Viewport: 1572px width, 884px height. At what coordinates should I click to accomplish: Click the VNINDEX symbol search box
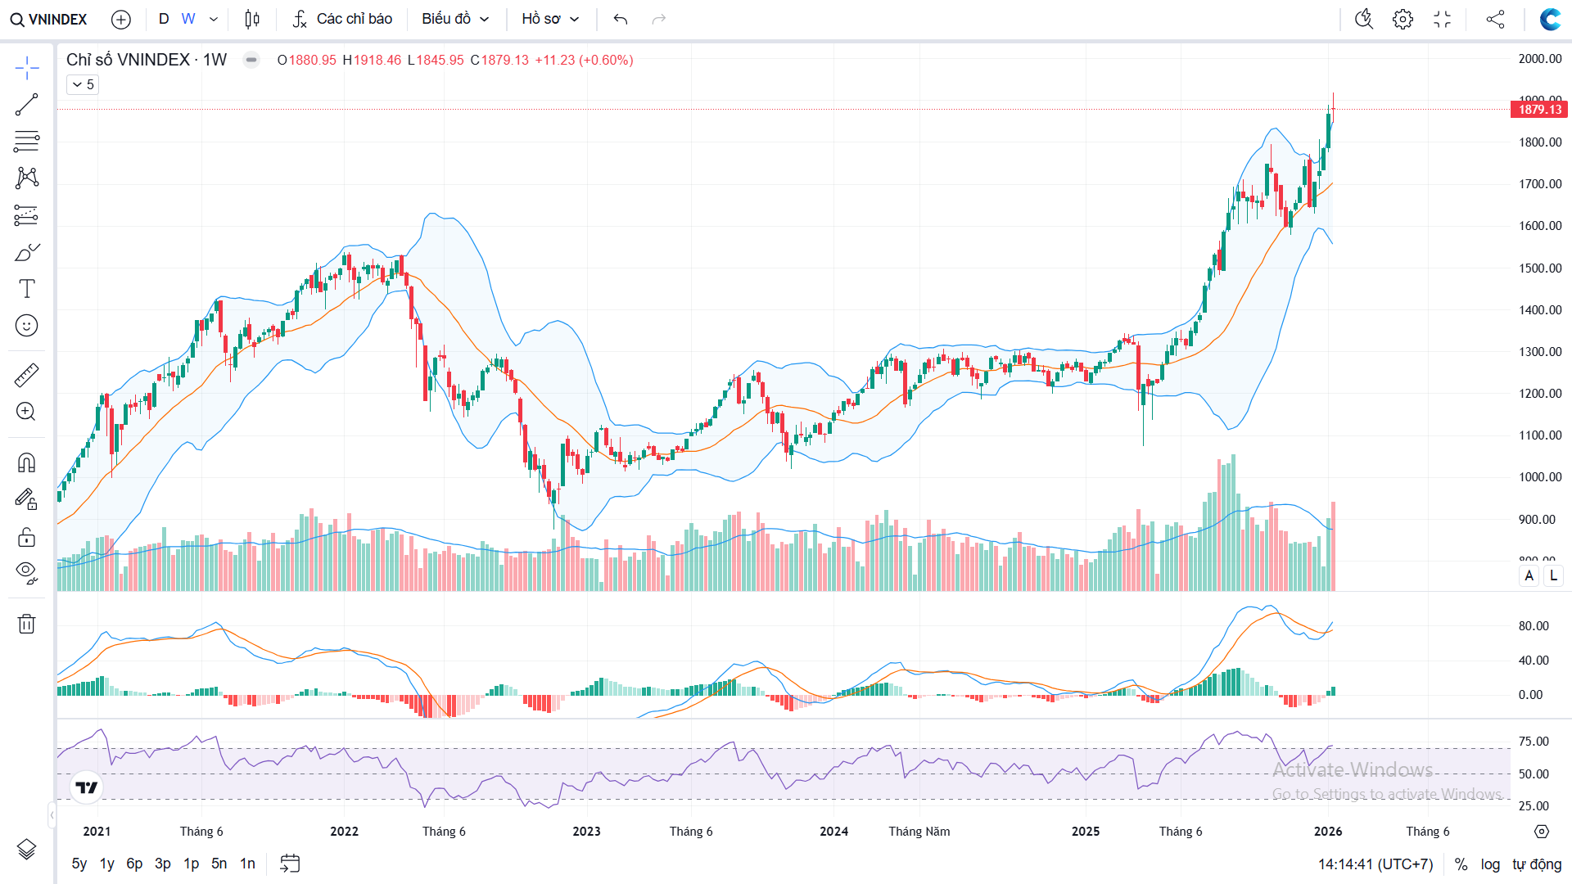point(49,19)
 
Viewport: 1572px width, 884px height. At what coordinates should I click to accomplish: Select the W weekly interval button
point(188,19)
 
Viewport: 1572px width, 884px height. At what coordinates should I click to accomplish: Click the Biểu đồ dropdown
point(455,19)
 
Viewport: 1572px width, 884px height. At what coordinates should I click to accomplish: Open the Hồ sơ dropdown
point(550,19)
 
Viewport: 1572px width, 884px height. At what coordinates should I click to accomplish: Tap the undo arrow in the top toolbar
point(621,19)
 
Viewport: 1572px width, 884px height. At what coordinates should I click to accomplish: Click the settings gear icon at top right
point(1403,19)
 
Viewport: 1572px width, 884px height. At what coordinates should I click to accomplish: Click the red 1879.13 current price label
point(1539,110)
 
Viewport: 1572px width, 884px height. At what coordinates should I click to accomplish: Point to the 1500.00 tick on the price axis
point(1540,268)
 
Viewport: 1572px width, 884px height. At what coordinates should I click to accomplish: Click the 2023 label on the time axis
point(586,832)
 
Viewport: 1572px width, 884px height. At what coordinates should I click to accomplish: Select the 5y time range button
point(79,864)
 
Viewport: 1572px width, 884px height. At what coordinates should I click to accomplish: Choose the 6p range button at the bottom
point(134,864)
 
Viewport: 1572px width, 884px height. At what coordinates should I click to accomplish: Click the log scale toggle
point(1490,864)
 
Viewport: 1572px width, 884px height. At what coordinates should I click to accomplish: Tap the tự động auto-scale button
point(1537,864)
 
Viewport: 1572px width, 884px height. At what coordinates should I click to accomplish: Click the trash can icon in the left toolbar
point(26,625)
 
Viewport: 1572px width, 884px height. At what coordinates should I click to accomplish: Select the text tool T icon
point(26,289)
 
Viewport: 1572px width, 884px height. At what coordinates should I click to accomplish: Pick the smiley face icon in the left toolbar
point(26,326)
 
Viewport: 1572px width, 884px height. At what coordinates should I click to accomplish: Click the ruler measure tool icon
point(26,376)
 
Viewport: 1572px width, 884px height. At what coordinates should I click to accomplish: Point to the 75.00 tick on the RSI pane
point(1534,742)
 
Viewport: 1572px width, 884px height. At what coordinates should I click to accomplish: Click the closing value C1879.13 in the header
point(499,61)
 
